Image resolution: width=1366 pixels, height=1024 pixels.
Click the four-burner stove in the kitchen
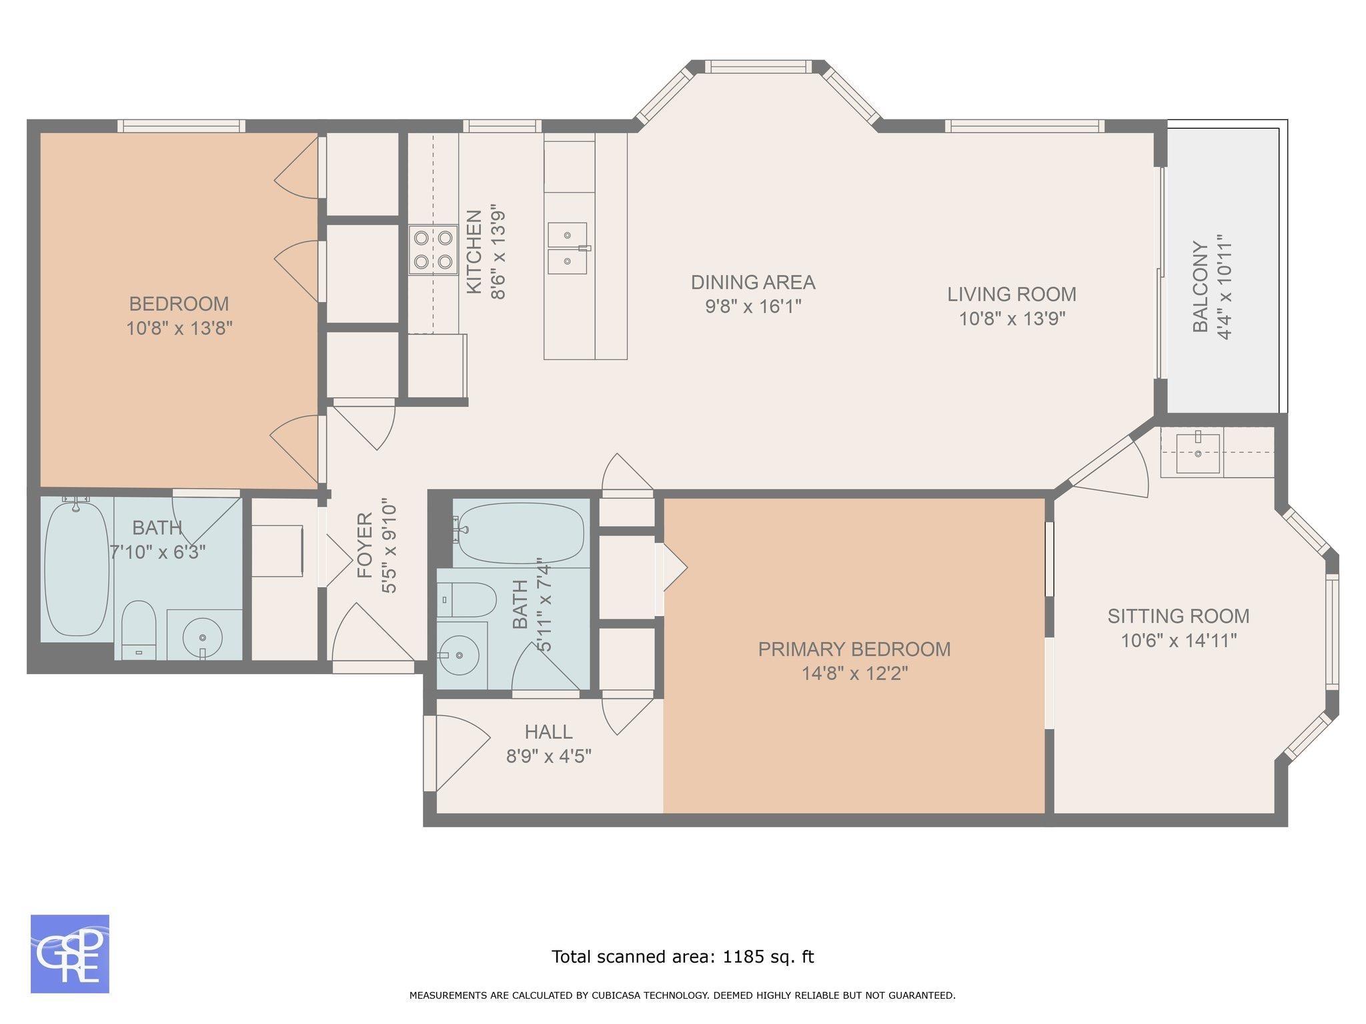pyautogui.click(x=434, y=250)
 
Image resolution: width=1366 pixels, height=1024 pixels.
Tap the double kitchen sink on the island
pyautogui.click(x=569, y=248)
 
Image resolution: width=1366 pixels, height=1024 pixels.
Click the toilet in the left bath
pyautogui.click(x=139, y=629)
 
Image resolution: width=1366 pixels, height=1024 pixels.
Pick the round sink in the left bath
pyautogui.click(x=203, y=635)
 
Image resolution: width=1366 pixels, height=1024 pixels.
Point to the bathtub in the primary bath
pyautogui.click(x=522, y=533)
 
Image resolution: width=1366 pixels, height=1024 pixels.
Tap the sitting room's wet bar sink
pyautogui.click(x=1198, y=453)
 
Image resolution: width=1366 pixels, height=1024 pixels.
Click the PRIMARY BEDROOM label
pyautogui.click(x=854, y=649)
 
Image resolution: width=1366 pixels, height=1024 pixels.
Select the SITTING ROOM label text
pyautogui.click(x=1179, y=616)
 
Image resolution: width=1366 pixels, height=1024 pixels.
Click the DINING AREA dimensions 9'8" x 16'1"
pyautogui.click(x=753, y=307)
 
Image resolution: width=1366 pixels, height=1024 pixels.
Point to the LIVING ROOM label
pyautogui.click(x=1012, y=294)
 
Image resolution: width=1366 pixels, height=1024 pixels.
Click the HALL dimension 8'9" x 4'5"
pyautogui.click(x=549, y=757)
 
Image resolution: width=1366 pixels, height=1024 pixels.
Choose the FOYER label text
pyautogui.click(x=364, y=545)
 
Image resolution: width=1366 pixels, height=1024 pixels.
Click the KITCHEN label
pyautogui.click(x=474, y=252)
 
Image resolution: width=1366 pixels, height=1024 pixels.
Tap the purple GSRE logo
pyautogui.click(x=70, y=954)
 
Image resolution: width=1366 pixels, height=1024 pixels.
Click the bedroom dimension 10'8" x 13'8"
pyautogui.click(x=179, y=328)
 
